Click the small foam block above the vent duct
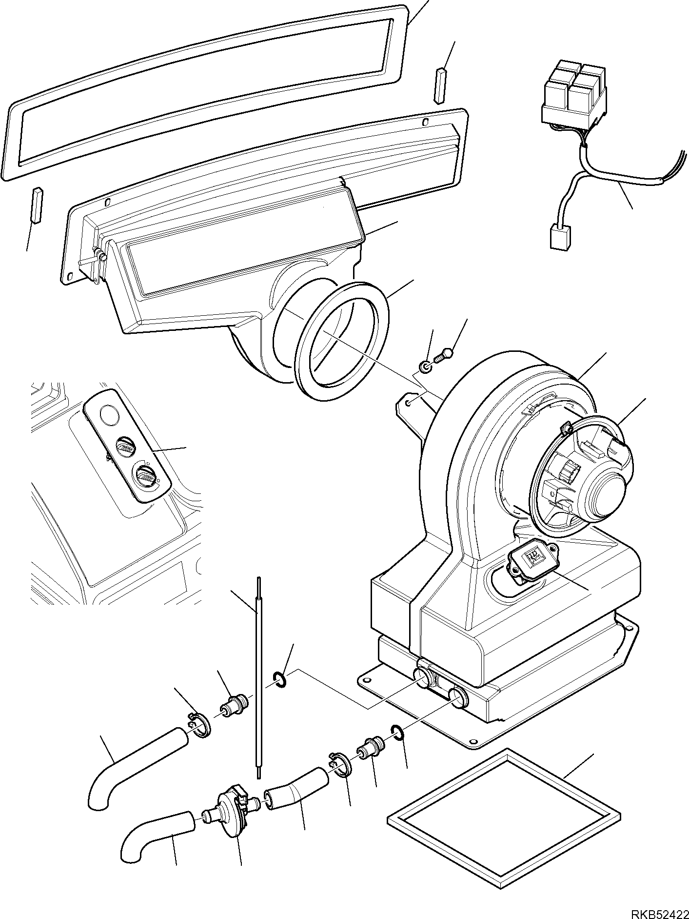[440, 84]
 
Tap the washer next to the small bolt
[425, 366]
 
